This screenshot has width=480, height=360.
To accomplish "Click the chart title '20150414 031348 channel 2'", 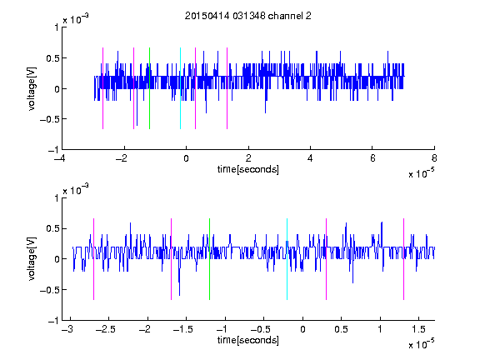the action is point(248,16).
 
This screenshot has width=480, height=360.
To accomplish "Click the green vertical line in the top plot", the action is point(149,88).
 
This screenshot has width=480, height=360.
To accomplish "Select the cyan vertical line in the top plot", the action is point(180,88).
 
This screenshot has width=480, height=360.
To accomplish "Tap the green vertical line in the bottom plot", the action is point(209,259).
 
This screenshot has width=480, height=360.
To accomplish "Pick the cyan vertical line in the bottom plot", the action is point(287,259).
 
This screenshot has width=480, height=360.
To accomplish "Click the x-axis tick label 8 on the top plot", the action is point(434,158).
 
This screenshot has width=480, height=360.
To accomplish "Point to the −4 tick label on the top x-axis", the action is point(59,158).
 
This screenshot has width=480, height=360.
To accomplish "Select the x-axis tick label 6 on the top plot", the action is point(372,158).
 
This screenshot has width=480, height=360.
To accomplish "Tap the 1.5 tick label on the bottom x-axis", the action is point(418,329).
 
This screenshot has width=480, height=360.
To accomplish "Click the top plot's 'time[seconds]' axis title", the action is point(248,169).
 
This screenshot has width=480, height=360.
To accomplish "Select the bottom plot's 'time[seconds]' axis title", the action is point(248,340).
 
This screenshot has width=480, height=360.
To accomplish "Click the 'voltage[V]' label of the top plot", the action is point(32,88).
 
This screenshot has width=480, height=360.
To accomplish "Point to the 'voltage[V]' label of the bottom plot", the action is point(32,258).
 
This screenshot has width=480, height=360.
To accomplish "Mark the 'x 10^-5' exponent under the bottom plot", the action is point(421,344).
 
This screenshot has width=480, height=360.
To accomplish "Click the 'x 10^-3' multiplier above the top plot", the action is point(76,19).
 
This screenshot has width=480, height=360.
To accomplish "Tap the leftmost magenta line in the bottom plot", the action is point(93,259).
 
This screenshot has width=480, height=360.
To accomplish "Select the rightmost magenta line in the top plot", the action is point(227,88).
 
